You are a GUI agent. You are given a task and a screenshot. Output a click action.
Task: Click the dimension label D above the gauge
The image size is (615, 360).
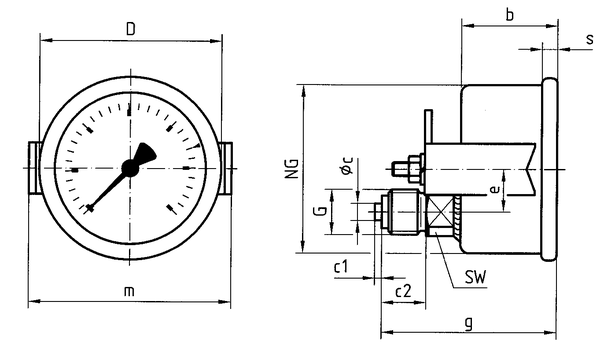[131, 29]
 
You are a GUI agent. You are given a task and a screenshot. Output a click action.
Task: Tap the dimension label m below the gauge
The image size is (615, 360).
[129, 291]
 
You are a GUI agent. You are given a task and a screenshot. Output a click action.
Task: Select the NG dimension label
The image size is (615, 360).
[292, 169]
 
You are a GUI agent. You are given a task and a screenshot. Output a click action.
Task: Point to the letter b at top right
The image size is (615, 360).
[509, 15]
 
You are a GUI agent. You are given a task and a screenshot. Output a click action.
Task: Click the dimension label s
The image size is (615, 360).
[590, 40]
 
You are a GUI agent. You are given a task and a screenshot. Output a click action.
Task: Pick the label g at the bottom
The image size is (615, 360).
[468, 324]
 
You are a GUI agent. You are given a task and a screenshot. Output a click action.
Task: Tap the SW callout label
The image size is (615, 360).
[475, 277]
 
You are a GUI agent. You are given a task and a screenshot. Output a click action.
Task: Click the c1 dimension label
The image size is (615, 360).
[341, 267]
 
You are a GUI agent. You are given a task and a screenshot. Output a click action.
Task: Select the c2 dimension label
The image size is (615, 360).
[404, 291]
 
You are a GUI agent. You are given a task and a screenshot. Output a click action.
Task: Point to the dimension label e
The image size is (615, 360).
[495, 189]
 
